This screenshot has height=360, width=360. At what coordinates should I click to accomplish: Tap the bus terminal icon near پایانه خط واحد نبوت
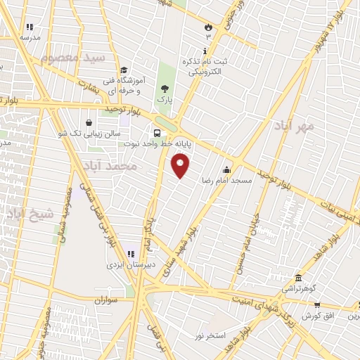(156, 132)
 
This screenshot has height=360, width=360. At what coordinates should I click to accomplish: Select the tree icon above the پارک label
(165, 89)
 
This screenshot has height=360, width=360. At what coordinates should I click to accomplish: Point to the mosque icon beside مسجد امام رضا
(226, 169)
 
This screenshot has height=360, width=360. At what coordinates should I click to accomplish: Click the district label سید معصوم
(72, 58)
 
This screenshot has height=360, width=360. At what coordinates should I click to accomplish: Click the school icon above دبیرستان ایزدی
(129, 253)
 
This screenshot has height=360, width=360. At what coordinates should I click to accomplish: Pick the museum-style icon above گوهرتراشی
(299, 277)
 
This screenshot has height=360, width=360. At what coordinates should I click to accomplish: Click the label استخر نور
(210, 335)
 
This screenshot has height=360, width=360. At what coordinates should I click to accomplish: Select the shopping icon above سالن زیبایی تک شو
(89, 122)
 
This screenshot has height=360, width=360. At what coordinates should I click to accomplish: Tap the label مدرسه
(30, 37)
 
